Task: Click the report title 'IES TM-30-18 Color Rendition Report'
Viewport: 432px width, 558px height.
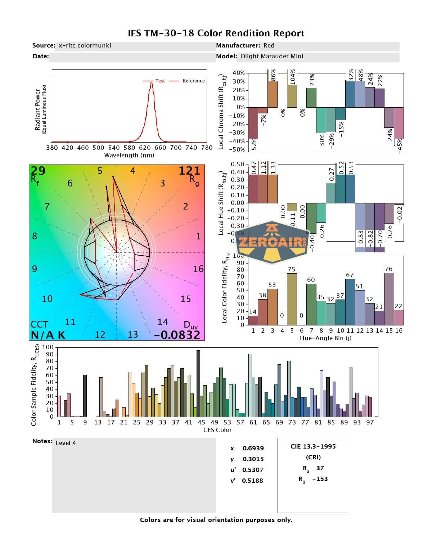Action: [x=216, y=33]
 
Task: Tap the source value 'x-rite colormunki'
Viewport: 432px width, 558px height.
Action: [x=85, y=46]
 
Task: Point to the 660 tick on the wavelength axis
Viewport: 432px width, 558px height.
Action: [x=160, y=148]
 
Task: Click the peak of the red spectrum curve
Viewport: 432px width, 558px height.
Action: [x=152, y=83]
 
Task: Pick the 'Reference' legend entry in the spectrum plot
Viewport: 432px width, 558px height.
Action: [x=193, y=81]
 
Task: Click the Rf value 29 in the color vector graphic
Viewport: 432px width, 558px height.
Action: [x=38, y=171]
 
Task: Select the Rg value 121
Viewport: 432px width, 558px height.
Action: [x=189, y=171]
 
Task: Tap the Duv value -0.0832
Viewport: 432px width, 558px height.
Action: [x=177, y=335]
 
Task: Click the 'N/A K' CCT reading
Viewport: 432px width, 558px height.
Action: [x=48, y=335]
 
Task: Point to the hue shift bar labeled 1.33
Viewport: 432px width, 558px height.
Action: [x=273, y=189]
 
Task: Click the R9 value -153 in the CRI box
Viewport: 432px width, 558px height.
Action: [x=320, y=479]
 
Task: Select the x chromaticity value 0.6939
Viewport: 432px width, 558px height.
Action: [x=253, y=448]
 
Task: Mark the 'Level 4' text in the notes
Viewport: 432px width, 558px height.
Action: [x=66, y=443]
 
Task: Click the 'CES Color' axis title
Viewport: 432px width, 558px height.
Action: [x=217, y=430]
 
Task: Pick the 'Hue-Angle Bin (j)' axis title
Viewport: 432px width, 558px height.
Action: [x=325, y=338]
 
